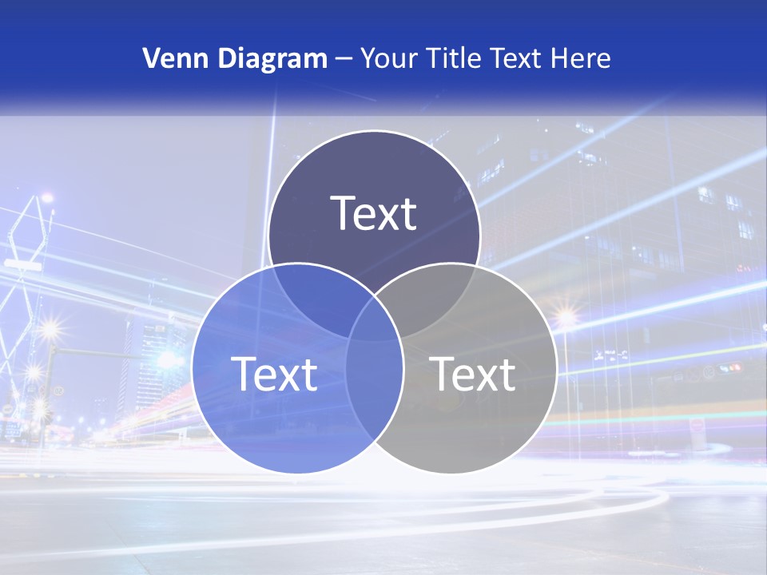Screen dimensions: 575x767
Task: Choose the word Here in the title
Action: click(x=584, y=58)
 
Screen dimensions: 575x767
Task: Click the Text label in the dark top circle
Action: click(x=374, y=213)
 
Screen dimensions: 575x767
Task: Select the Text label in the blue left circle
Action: click(x=274, y=374)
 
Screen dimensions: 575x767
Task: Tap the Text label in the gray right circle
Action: click(x=472, y=374)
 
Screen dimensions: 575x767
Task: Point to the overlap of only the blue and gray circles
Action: click(x=374, y=391)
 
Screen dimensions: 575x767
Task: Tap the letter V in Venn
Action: click(x=151, y=58)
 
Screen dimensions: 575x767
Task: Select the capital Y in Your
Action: click(x=368, y=58)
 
